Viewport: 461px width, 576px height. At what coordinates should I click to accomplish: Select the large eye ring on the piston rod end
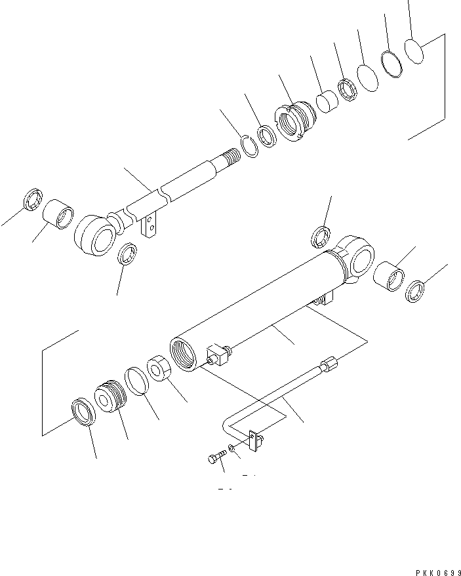[95, 236]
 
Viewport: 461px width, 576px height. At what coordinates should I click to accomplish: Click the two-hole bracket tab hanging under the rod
[150, 226]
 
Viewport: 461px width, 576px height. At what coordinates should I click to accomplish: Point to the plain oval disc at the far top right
[414, 50]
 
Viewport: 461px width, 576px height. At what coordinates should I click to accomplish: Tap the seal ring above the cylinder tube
[321, 236]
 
